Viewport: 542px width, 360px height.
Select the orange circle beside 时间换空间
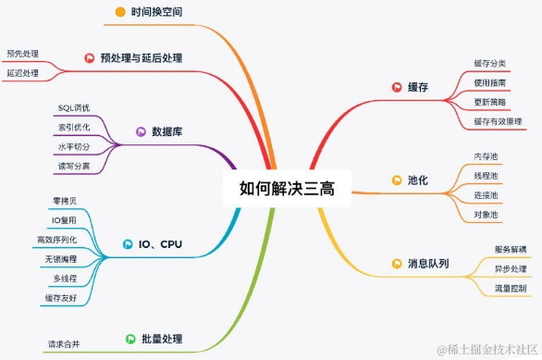(120, 12)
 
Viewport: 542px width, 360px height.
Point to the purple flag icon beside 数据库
(142, 131)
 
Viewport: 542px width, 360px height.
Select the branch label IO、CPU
(160, 245)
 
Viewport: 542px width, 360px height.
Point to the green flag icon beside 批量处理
(131, 339)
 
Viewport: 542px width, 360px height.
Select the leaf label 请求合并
(65, 344)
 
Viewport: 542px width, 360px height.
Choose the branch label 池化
(418, 180)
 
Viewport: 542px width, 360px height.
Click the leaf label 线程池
(486, 176)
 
